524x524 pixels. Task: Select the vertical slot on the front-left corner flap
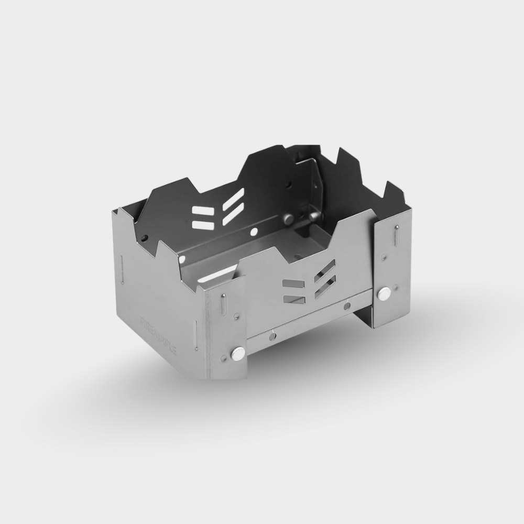point(224,304)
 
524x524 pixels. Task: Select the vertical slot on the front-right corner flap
point(397,235)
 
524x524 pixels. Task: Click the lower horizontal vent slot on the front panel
point(294,299)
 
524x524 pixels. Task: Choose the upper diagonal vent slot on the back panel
point(233,200)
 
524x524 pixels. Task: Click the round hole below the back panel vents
point(254,232)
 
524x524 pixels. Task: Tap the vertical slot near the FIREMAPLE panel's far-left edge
point(122,270)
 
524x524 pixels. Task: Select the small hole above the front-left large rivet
point(237,316)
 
